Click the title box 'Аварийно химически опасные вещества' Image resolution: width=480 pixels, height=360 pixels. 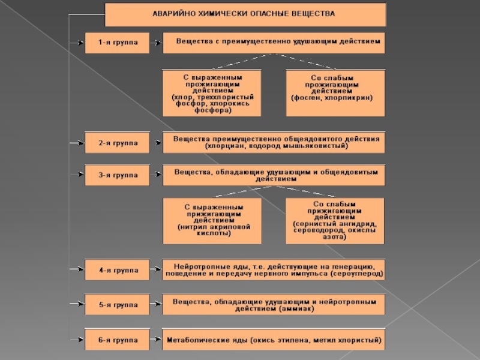[245, 14]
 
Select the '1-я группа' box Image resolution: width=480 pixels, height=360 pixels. [117, 43]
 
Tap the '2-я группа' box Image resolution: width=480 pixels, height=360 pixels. [117, 143]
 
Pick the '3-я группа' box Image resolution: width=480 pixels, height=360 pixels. [117, 175]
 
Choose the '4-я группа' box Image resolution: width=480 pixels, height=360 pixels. [117, 270]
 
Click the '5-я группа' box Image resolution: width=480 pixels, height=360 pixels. [117, 304]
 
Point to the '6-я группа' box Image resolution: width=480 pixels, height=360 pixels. [117, 340]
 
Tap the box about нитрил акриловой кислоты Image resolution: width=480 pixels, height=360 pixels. [213, 220]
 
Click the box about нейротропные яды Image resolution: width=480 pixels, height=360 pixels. [274, 270]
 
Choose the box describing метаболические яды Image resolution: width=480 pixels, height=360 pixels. [274, 340]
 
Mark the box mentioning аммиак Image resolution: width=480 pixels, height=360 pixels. [274, 304]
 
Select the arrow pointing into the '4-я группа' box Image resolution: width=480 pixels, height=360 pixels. [77, 270]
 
